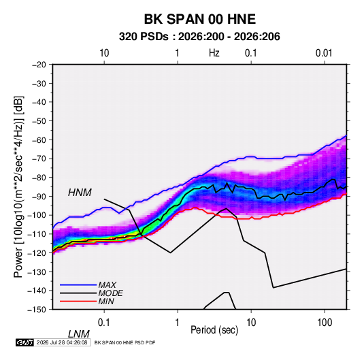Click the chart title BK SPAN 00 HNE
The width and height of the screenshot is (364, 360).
pos(199,19)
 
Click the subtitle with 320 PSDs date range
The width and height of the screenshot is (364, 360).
pos(199,37)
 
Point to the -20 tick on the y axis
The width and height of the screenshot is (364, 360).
pos(39,65)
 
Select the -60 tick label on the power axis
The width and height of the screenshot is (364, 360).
pos(39,140)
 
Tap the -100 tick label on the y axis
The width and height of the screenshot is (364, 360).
pos(37,215)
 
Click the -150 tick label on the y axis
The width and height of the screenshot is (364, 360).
pos(37,310)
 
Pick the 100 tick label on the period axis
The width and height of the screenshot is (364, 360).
pos(325,323)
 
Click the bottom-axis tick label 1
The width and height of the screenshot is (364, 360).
pos(178,323)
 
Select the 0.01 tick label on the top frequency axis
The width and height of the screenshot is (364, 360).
pos(324,53)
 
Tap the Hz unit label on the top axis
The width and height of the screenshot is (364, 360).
pos(214,53)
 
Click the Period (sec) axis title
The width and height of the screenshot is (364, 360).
pos(214,330)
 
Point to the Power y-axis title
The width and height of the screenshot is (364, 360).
pos(18,186)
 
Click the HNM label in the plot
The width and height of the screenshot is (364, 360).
pos(80,193)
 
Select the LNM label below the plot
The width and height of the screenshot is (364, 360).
pos(79,334)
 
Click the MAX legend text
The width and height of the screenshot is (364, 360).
pos(107,285)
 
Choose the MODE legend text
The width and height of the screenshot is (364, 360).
pos(110,293)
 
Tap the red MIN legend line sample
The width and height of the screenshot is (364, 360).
pos(78,301)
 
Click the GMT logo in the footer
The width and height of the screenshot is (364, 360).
pos(24,342)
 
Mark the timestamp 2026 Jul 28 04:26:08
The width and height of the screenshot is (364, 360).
pos(62,342)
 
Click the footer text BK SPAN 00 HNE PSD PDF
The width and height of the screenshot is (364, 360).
pos(125,342)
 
